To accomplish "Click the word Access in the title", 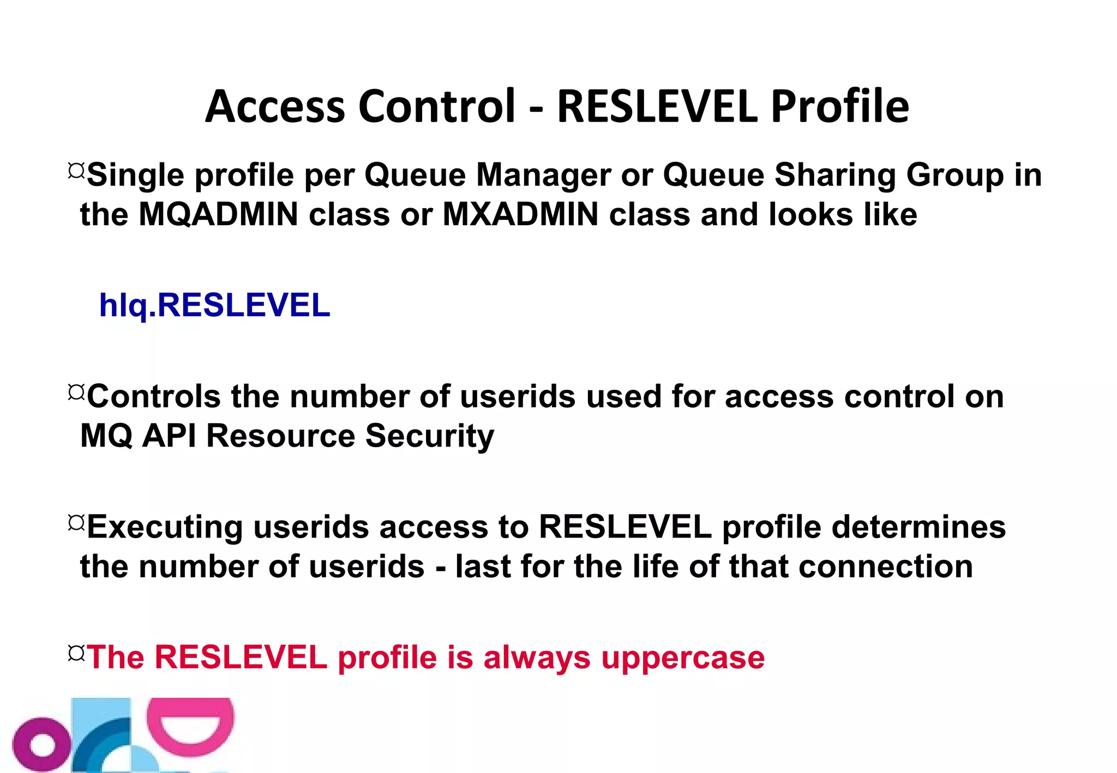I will point(275,106).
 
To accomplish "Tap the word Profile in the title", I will point(840,106).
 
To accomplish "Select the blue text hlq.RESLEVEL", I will point(214,305).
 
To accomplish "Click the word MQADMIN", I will point(218,214).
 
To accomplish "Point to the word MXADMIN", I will point(521,214).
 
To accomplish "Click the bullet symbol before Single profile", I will point(76,171).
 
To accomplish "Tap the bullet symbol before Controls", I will point(76,392).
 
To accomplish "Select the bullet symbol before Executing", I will point(76,523).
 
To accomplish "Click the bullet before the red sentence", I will point(76,653).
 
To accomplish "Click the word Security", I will point(430,436).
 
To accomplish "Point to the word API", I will point(169,436).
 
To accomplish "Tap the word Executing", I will point(165,528).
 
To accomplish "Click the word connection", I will point(886,566).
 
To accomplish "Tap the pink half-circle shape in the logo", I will point(190,725).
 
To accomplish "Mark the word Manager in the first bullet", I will point(543,176).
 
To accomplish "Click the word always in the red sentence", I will point(537,657).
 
